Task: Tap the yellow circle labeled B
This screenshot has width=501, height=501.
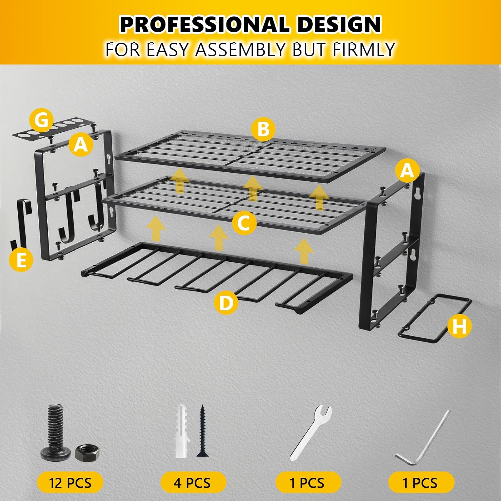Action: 263,129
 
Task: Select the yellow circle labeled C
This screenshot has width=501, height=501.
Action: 244,222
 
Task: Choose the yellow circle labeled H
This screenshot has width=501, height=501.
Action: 460,325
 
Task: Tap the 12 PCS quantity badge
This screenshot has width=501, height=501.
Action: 70,483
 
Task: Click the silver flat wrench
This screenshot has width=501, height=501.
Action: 311,433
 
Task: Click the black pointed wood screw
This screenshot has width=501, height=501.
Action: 202,431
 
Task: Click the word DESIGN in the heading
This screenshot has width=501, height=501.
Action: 339,24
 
